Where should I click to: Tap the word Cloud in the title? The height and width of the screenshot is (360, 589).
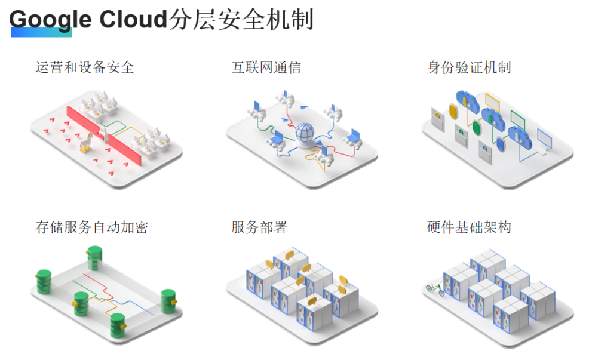tap(133, 20)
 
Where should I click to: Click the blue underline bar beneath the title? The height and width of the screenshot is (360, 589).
tap(41, 33)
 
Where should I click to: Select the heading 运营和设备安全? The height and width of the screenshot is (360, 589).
tap(84, 67)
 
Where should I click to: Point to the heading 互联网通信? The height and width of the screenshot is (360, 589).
tap(266, 67)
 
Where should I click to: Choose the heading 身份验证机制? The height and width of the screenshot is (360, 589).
tap(469, 67)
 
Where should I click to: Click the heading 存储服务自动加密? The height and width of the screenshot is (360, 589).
tap(91, 227)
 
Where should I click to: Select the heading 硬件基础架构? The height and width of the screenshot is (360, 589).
tap(469, 227)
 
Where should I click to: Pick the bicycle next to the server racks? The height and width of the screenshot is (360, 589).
tap(434, 290)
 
